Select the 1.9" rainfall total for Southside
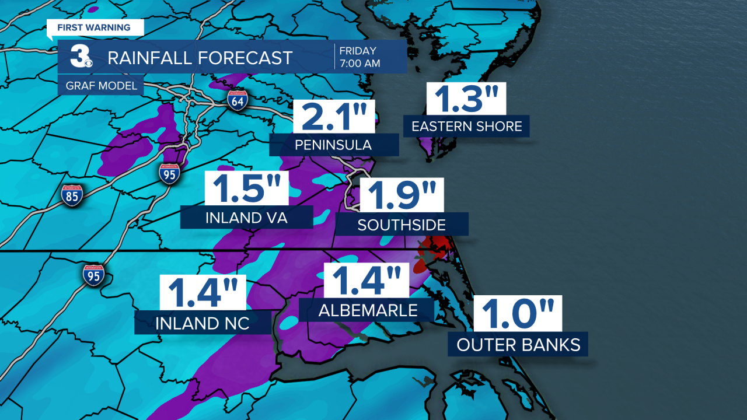(x=401, y=196)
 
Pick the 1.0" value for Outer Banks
(x=517, y=314)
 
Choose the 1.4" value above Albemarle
(x=367, y=281)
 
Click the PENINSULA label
(x=334, y=145)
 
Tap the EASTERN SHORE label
(x=466, y=126)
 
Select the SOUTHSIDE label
(x=402, y=225)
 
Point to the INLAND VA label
(x=247, y=218)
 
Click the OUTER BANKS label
(x=518, y=345)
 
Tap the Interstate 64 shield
(x=238, y=100)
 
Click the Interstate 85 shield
(x=72, y=195)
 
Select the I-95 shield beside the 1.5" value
(x=169, y=174)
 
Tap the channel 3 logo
(x=80, y=57)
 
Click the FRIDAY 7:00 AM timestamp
(x=360, y=57)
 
